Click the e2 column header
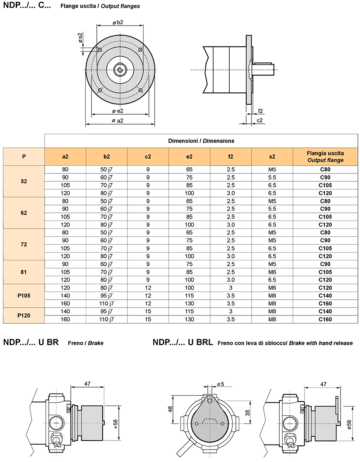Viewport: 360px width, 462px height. pos(189,156)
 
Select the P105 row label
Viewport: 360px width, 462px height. pos(24,296)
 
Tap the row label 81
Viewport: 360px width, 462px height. pos(24,272)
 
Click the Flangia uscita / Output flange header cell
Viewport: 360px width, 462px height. pos(325,156)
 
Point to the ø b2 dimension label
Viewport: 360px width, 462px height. pos(118,22)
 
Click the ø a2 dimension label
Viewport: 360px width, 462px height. pos(117,120)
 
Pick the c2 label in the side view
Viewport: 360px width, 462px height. pos(259,120)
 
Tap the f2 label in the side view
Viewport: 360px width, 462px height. pos(260,111)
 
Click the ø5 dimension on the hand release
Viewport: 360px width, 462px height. pos(221,384)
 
